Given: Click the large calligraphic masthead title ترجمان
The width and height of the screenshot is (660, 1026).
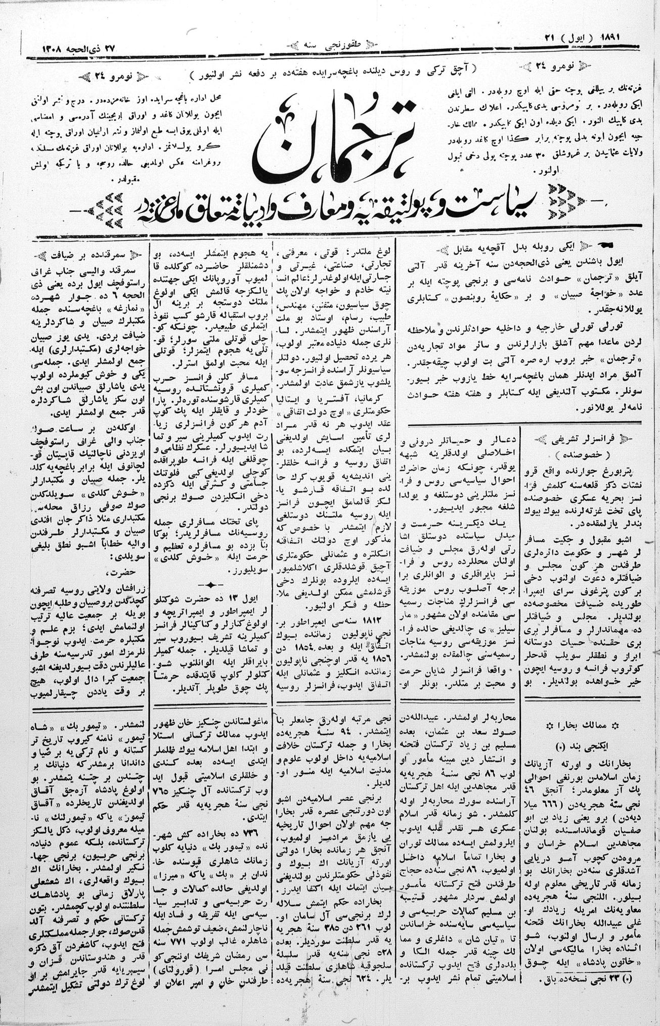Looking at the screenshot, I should click(334, 144).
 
